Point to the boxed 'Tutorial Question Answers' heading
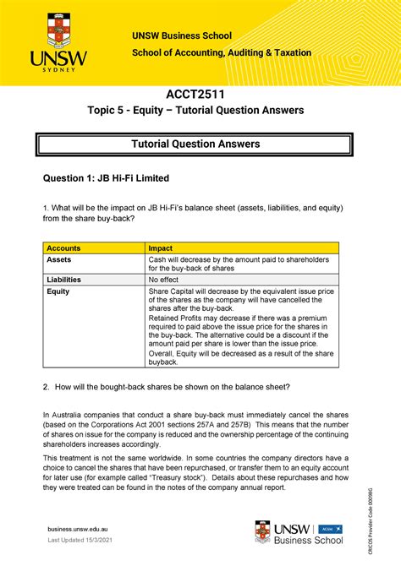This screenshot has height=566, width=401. coord(200,144)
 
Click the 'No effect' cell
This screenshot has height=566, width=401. coord(166,278)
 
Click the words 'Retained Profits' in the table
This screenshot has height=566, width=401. coord(179,319)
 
